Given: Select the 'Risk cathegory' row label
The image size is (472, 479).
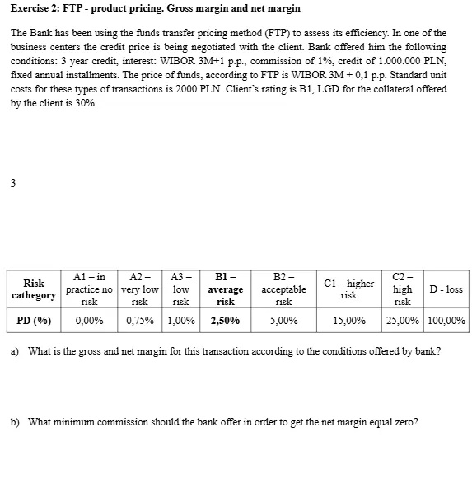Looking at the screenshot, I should tap(34, 289).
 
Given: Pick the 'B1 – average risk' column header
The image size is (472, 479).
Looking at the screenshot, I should tap(225, 289).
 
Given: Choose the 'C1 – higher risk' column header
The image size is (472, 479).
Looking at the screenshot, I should tap(348, 289).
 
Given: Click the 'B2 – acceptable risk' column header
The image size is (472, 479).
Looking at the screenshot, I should tap(283, 289).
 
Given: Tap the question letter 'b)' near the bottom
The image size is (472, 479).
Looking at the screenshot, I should tap(15, 422).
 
